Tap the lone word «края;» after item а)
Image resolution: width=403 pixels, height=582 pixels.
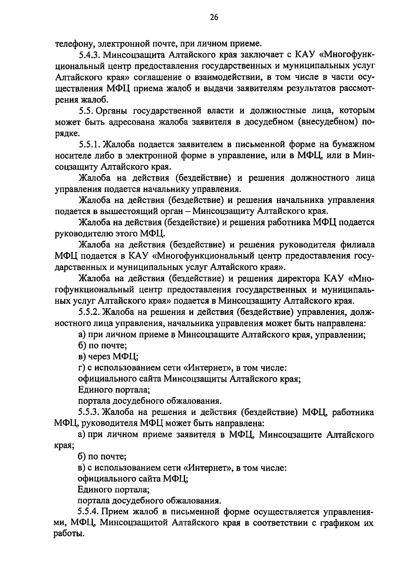tap(64, 446)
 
